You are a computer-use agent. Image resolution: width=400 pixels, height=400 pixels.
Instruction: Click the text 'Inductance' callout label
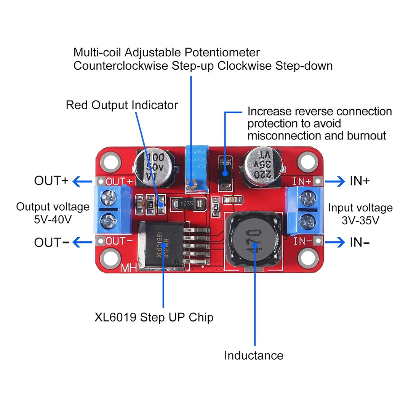point(254,355)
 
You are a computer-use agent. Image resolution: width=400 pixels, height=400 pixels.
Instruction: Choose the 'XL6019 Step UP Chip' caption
point(154,317)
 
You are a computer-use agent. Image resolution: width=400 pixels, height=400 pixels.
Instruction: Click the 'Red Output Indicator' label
point(122,105)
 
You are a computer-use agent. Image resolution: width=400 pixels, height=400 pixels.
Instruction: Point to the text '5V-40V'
point(53,219)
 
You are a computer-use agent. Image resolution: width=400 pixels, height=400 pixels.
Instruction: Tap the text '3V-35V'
point(360,220)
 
